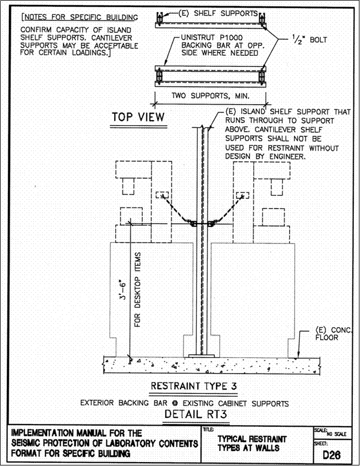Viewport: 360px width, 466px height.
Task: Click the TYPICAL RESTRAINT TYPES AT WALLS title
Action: coord(246,443)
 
